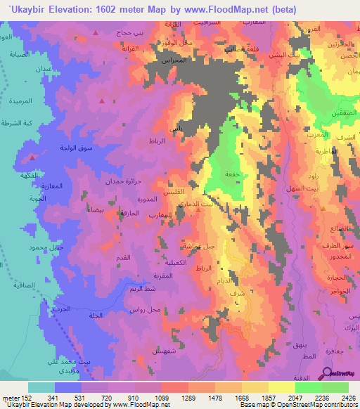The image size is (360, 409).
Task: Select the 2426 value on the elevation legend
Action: coord(340,396)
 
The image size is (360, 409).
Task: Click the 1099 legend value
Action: coord(162,396)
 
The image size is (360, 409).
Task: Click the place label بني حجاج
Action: coord(130,33)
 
